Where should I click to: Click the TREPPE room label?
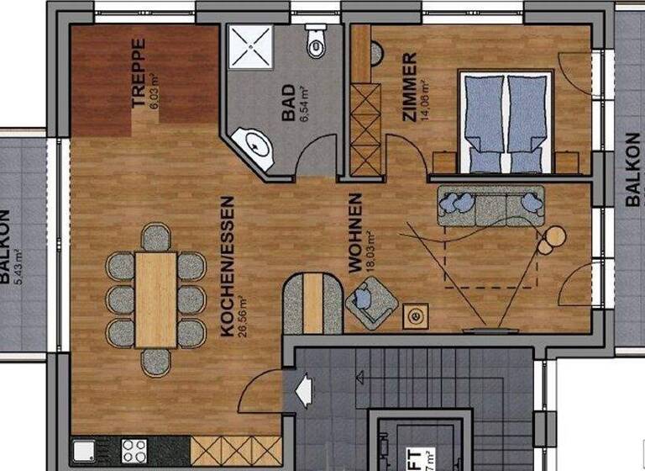coord(139,73)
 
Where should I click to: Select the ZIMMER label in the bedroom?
coord(410,87)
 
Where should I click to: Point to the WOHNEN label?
coord(355,232)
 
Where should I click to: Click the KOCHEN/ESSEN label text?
coord(226,267)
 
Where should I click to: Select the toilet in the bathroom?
coord(317,41)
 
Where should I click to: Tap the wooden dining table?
coord(156,299)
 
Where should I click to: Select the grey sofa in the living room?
coord(490,205)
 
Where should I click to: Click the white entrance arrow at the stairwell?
coord(303,390)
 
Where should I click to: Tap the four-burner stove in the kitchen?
coord(134,449)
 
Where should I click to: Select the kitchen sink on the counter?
coord(84,451)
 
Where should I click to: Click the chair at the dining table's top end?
coord(156,236)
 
